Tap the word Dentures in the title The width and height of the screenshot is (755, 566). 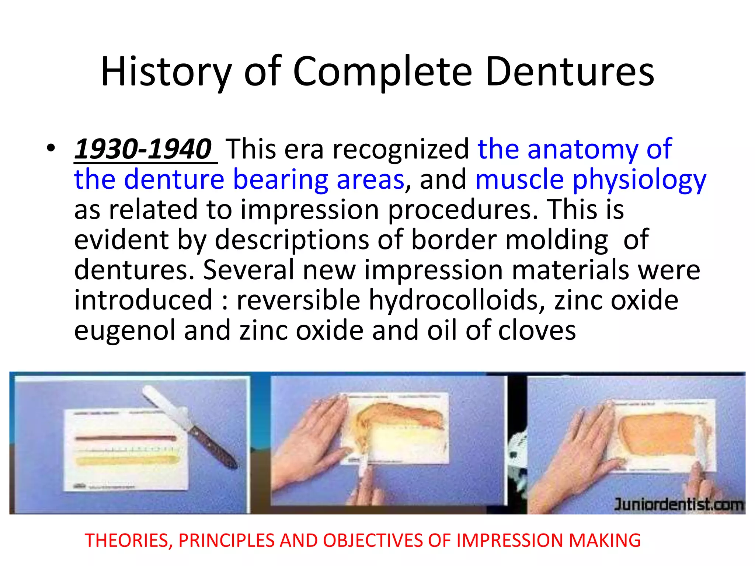click(570, 72)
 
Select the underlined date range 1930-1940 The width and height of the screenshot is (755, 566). click(143, 149)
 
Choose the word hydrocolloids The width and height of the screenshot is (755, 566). click(456, 300)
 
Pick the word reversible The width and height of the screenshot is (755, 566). click(298, 300)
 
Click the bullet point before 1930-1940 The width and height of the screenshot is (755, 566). click(51, 149)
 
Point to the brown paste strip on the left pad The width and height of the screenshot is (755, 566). click(125, 439)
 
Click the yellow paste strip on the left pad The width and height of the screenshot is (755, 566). click(125, 461)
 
